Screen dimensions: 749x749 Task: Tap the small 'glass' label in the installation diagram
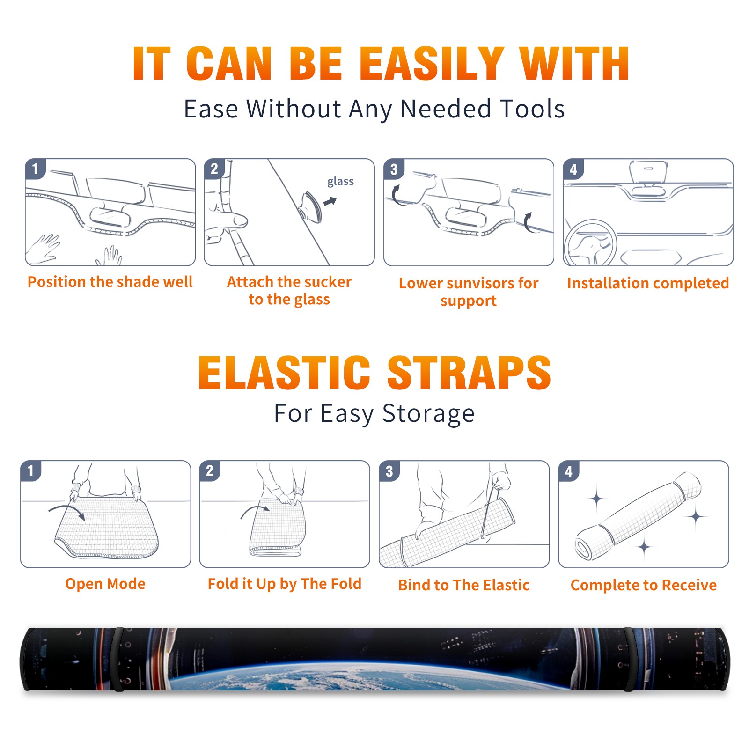[x=340, y=182]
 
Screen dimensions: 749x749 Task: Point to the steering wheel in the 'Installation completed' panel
[x=590, y=243]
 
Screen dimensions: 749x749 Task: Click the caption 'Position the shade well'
[x=110, y=282]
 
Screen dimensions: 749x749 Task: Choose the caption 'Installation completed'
[x=648, y=283]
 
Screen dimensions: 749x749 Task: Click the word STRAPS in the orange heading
[x=469, y=373]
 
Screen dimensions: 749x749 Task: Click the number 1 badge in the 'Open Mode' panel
[x=31, y=471]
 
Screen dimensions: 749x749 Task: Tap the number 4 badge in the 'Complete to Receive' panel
[x=569, y=471]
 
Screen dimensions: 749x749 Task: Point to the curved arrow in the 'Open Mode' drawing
[x=67, y=510]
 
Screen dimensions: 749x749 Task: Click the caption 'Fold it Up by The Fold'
[x=285, y=584]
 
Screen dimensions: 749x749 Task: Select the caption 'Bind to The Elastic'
[x=464, y=585]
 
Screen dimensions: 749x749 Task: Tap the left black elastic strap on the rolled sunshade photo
[x=118, y=659]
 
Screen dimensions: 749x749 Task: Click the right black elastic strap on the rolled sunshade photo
[x=630, y=659]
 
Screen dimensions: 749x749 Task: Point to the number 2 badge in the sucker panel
[x=214, y=169]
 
